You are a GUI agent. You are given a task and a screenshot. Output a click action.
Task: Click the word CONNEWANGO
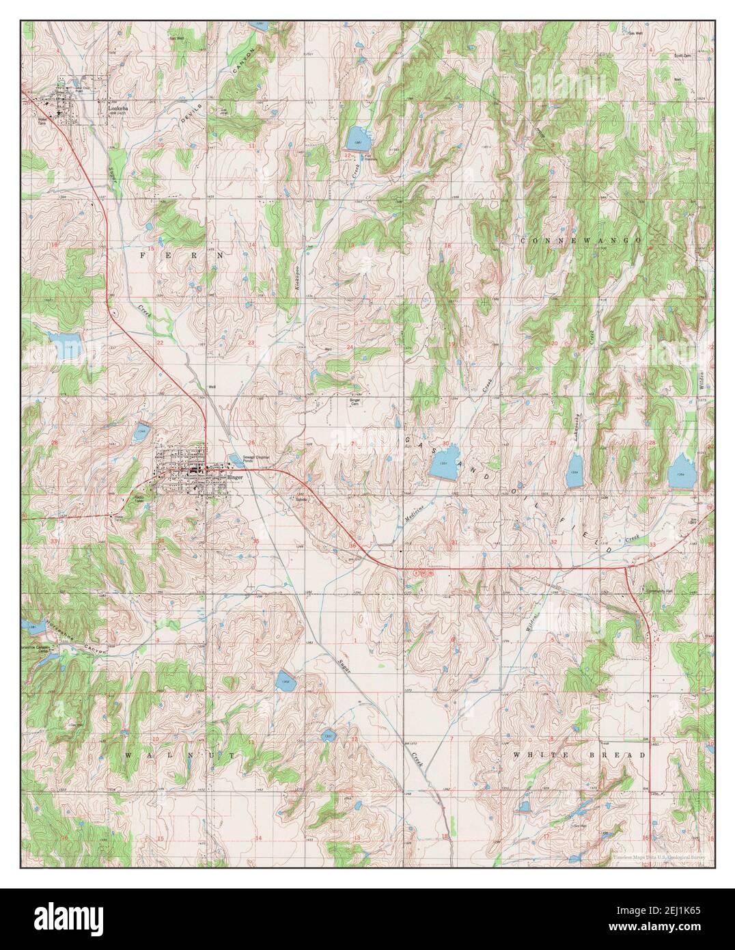pyautogui.click(x=580, y=241)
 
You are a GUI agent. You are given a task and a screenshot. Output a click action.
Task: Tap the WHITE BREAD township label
pyautogui.click(x=579, y=755)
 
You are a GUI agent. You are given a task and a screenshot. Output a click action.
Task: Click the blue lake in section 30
pyautogui.click(x=444, y=466)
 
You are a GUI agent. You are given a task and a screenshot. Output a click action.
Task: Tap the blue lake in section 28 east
pyautogui.click(x=680, y=474)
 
